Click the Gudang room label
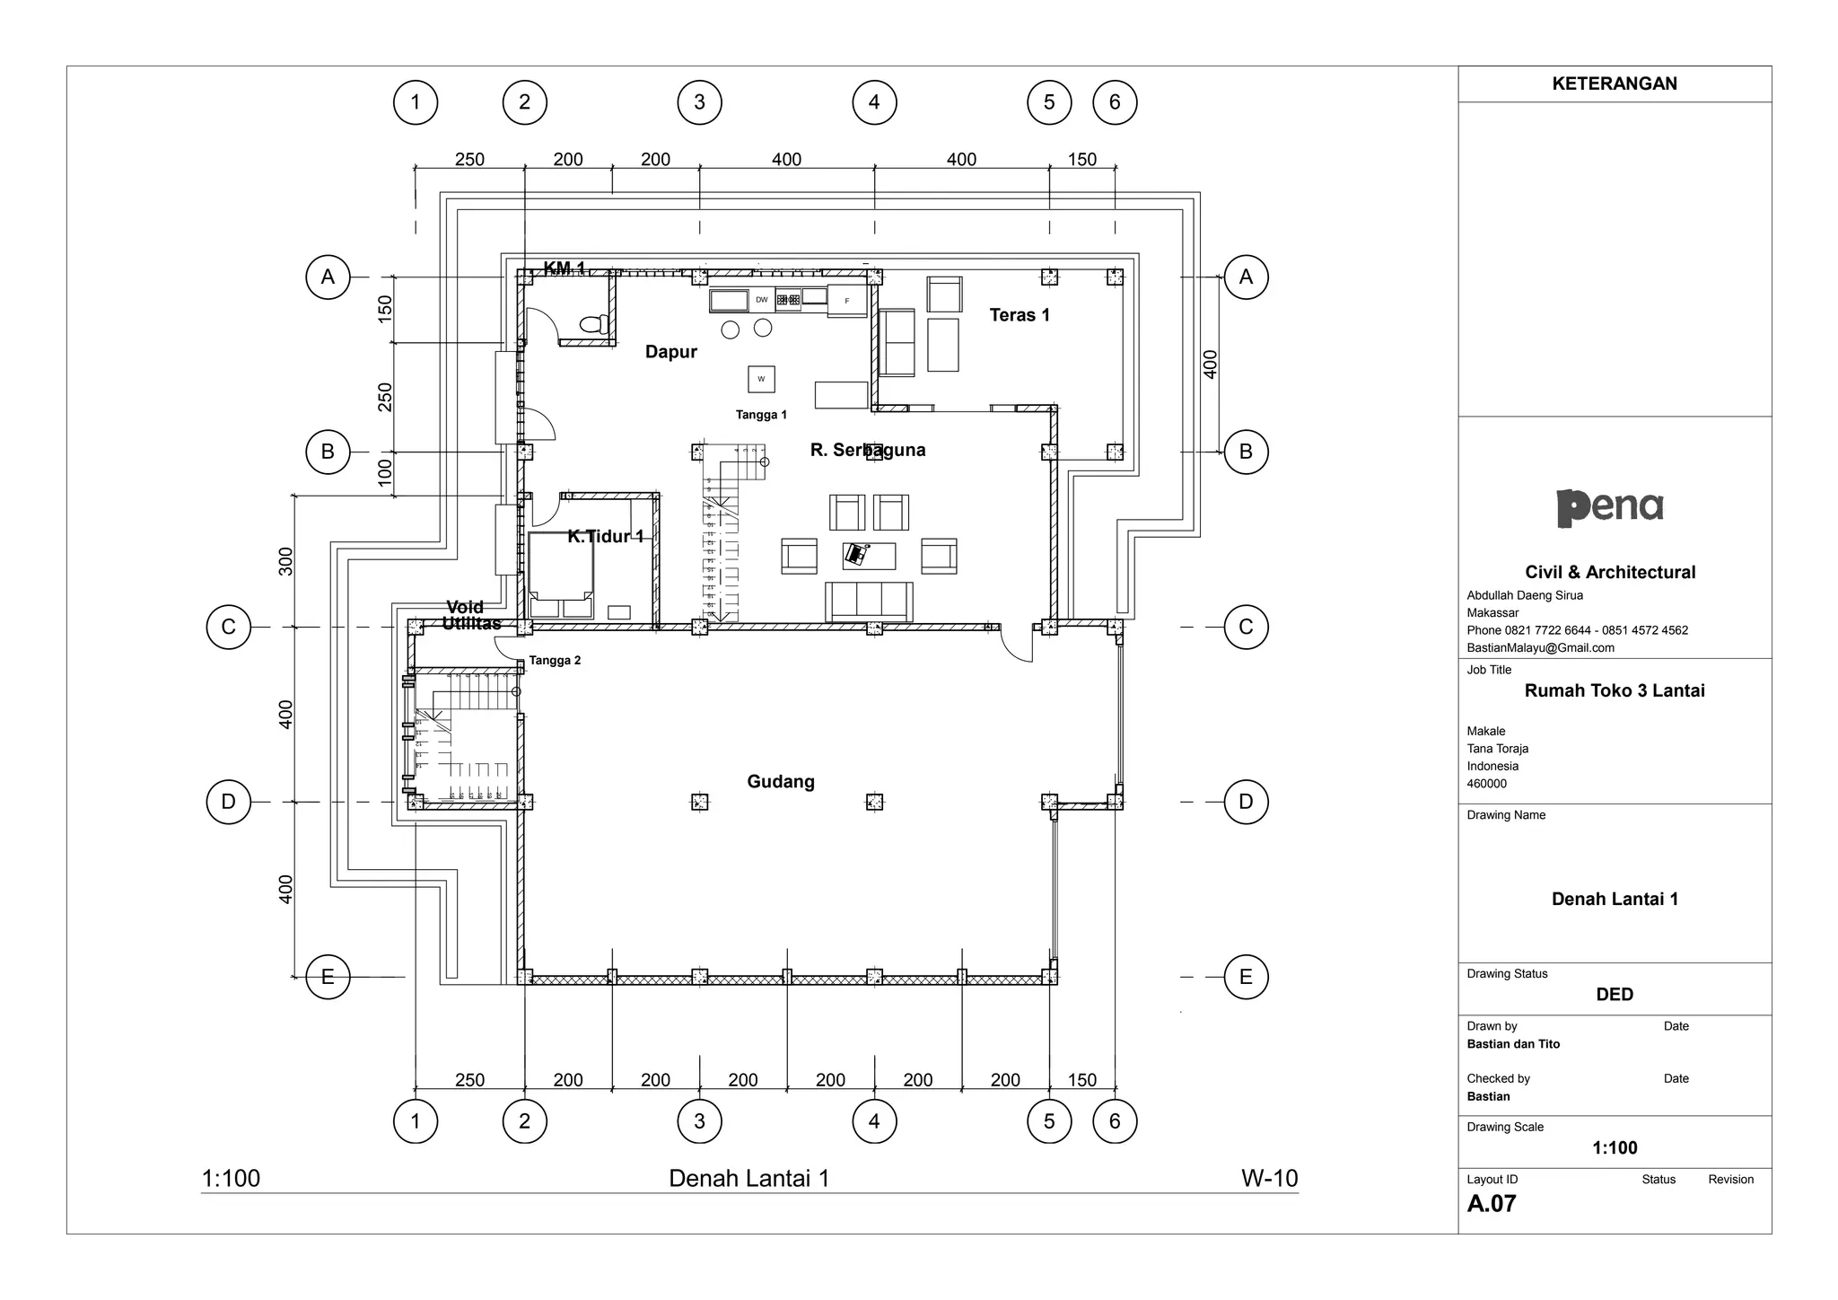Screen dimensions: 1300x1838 pos(781,782)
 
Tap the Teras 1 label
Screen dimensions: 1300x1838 pos(1020,315)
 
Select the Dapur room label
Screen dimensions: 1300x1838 pos(671,352)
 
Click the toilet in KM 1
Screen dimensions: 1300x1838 pos(594,323)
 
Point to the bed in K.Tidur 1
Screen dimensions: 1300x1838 pos(560,566)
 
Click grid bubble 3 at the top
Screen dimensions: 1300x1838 pos(699,102)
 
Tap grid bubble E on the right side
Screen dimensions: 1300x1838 pos(1246,977)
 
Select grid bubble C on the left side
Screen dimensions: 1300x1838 pos(229,627)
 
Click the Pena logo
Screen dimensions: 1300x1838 pos(1610,507)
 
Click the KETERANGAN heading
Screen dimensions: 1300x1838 pos(1615,83)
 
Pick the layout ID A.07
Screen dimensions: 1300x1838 pos(1492,1204)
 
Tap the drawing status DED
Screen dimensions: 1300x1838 pos(1615,994)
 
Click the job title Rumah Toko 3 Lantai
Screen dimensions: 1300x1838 pos(1615,690)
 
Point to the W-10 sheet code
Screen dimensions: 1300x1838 pos(1269,1178)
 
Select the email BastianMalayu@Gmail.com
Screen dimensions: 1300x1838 pos(1540,647)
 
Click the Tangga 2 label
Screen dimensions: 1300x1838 pos(555,661)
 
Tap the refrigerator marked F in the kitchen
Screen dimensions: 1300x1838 pos(846,301)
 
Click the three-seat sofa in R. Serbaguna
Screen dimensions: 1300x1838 pos(869,601)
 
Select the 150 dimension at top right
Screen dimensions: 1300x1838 pos(1082,160)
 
